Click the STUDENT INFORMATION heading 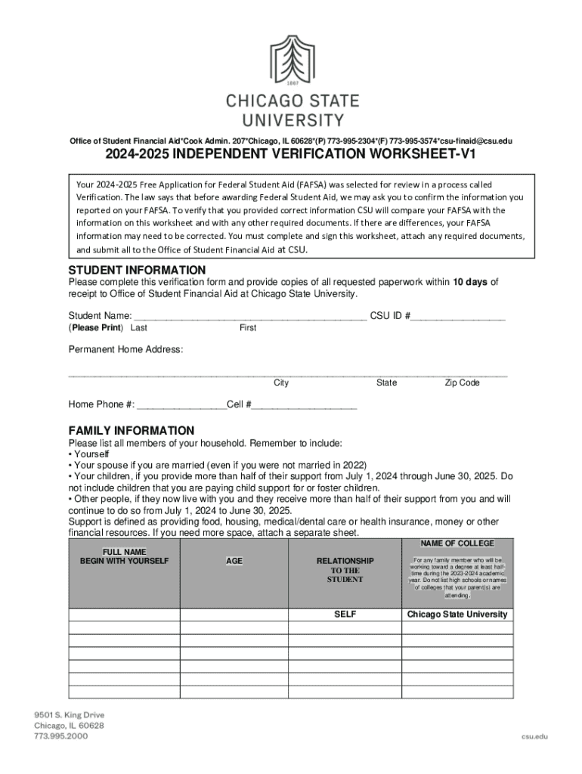click(x=137, y=270)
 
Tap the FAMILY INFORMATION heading click(x=132, y=430)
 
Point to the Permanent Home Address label click(x=125, y=349)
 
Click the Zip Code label click(x=462, y=382)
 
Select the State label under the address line click(x=386, y=382)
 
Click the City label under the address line click(x=281, y=382)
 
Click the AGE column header click(x=234, y=562)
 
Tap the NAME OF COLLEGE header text click(x=457, y=543)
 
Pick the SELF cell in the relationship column click(x=345, y=615)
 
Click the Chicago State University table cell click(x=457, y=615)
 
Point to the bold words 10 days click(x=470, y=283)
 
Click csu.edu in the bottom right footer click(x=532, y=735)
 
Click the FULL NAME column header click(x=124, y=556)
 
